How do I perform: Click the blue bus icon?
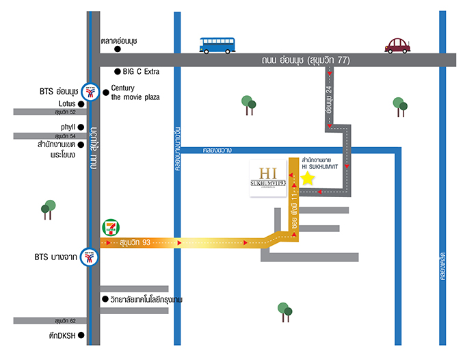point(217,45)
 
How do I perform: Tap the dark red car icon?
point(398,45)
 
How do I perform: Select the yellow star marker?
point(308,179)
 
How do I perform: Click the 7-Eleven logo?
point(109,228)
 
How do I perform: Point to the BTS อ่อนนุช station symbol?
point(89,90)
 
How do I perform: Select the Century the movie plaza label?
point(135,92)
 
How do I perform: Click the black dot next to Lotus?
point(81,104)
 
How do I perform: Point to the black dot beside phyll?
point(81,127)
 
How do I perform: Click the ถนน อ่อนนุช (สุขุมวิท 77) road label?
point(305,60)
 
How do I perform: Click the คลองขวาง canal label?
point(217,150)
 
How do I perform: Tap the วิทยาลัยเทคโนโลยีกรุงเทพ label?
point(146,300)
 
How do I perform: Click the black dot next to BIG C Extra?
point(118,71)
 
